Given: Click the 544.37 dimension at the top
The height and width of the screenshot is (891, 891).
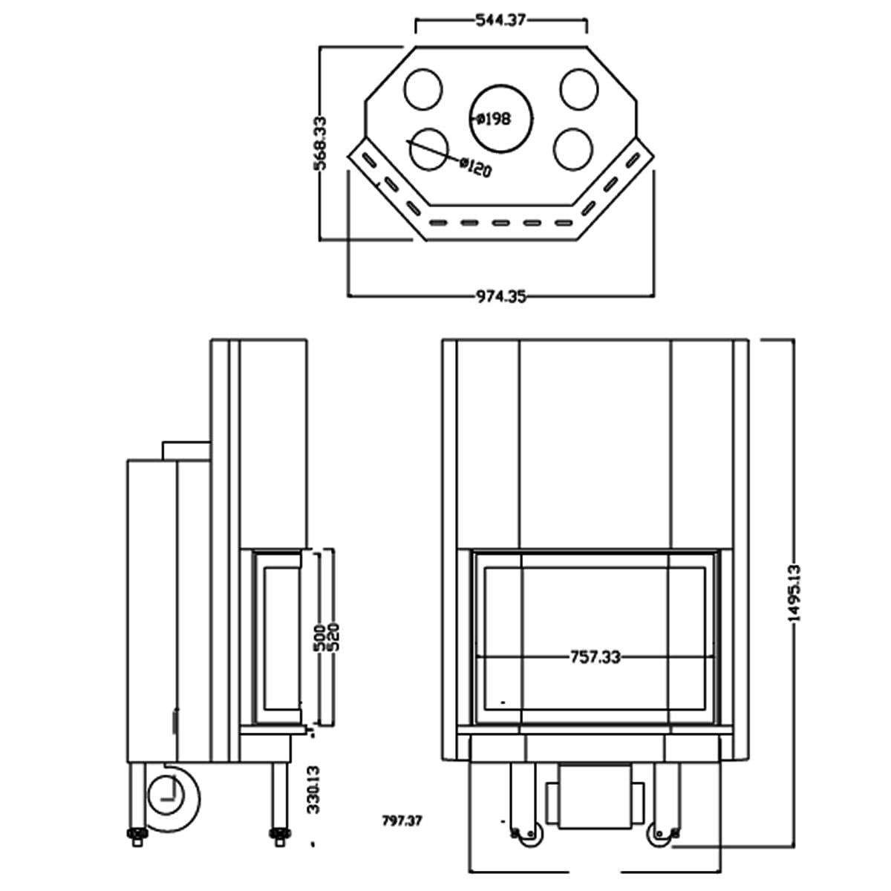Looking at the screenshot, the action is tap(500, 21).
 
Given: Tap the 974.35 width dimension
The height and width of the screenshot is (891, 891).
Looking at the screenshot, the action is tap(501, 296).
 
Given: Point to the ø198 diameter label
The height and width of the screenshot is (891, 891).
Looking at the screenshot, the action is tap(495, 119).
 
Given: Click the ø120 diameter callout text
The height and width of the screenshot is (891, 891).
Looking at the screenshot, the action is tap(475, 167).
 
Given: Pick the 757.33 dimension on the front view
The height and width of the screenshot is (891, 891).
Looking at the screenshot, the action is tap(595, 656).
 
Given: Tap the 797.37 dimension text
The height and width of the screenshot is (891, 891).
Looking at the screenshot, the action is tap(402, 820).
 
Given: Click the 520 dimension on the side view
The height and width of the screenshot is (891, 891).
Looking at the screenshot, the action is tap(333, 637).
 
